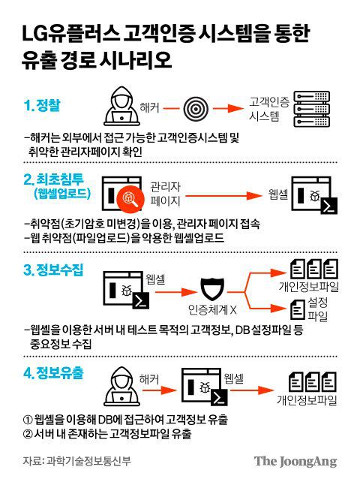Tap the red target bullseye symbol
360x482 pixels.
[x=193, y=110]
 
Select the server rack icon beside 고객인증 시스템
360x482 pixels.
[x=310, y=110]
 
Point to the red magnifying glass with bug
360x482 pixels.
[x=130, y=197]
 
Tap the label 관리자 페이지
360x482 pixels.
[x=165, y=194]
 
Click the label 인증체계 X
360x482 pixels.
[x=212, y=309]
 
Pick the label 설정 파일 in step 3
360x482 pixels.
[x=319, y=308]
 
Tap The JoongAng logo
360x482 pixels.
[x=294, y=461]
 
